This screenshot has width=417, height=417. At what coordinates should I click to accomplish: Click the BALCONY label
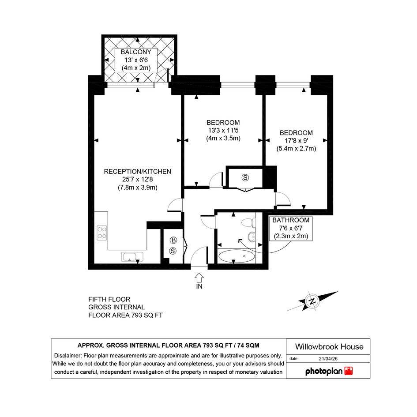(136, 52)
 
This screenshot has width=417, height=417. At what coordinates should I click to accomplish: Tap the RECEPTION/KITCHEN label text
(138, 172)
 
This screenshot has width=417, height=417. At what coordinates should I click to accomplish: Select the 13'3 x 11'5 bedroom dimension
(223, 130)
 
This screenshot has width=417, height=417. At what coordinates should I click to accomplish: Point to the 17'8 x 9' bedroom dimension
(296, 140)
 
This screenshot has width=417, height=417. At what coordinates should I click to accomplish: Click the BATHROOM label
(291, 220)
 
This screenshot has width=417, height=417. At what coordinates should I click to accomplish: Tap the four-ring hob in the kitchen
(102, 233)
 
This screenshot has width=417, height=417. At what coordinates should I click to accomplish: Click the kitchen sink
(132, 257)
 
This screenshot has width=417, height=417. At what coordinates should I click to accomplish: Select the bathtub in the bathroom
(237, 256)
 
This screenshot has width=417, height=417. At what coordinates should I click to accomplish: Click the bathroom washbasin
(252, 236)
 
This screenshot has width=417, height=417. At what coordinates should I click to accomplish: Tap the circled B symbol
(173, 240)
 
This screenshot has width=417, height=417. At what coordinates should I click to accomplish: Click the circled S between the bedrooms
(245, 177)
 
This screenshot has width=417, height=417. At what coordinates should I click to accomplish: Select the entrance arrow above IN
(199, 278)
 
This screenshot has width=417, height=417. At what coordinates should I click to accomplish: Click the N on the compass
(312, 301)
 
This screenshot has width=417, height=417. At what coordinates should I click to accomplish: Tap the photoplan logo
(329, 371)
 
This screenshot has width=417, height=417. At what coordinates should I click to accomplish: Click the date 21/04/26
(328, 358)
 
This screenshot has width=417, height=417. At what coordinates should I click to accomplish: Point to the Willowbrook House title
(329, 346)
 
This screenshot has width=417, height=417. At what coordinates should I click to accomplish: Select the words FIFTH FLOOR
(109, 299)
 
